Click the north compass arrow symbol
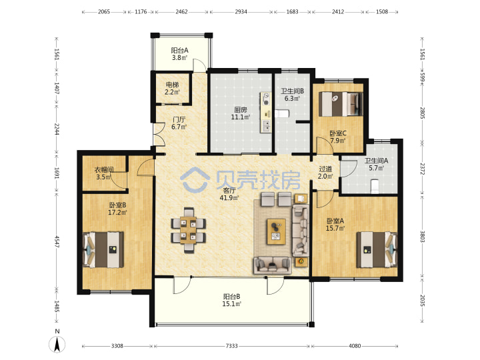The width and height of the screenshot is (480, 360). click(57, 344)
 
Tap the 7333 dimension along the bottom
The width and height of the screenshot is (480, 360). click(231, 346)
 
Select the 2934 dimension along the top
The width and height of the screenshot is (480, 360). click(241, 11)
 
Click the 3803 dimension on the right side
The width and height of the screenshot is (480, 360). click(422, 236)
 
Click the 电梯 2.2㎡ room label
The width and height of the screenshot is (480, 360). click(172, 88)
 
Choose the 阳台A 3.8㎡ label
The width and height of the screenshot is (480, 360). click(179, 54)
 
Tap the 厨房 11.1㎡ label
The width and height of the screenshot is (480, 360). click(241, 113)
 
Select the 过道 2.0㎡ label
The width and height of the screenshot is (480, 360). click(325, 173)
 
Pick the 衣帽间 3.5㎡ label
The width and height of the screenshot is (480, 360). click(104, 173)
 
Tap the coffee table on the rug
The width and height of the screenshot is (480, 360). click(277, 231)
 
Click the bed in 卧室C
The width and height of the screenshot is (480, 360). click(341, 104)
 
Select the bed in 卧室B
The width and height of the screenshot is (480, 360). click(103, 249)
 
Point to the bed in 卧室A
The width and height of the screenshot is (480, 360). click(377, 249)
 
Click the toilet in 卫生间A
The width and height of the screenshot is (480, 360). click(375, 187)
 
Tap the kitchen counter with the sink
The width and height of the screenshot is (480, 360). click(265, 113)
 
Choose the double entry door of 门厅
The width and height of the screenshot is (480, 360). click(159, 134)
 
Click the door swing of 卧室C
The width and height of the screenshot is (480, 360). click(325, 145)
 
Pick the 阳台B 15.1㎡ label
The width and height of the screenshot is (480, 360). click(232, 300)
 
